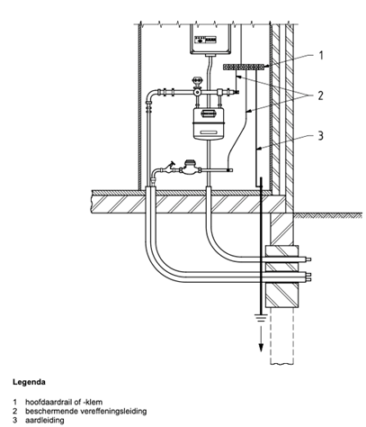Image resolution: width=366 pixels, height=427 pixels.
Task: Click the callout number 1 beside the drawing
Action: [x=321, y=55]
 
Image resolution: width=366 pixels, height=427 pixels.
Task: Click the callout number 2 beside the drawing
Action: [x=321, y=95]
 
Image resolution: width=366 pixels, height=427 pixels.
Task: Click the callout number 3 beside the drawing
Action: [x=321, y=136]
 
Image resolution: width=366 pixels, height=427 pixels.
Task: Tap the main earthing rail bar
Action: [x=244, y=67]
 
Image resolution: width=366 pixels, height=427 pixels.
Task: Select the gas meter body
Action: [x=209, y=123]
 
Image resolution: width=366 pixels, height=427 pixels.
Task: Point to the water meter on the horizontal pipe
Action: [x=188, y=168]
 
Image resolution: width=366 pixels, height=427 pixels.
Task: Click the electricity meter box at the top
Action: [x=210, y=40]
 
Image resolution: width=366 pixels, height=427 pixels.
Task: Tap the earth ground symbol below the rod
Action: [x=261, y=318]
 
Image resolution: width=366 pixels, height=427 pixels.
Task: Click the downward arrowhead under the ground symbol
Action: [x=261, y=347]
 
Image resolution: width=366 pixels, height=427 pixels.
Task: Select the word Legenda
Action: [x=29, y=382]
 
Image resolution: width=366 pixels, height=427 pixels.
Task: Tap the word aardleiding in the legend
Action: [x=44, y=420]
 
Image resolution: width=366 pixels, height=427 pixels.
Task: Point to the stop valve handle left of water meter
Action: [x=172, y=165]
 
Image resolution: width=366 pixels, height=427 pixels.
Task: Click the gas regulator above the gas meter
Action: [x=197, y=87]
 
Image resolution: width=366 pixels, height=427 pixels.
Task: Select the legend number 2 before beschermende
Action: [x=14, y=411]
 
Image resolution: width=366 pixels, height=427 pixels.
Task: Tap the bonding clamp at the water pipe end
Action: [x=230, y=170]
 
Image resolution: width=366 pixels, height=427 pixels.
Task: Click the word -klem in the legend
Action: [x=94, y=402]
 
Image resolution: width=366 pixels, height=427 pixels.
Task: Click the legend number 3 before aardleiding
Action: [x=14, y=420]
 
